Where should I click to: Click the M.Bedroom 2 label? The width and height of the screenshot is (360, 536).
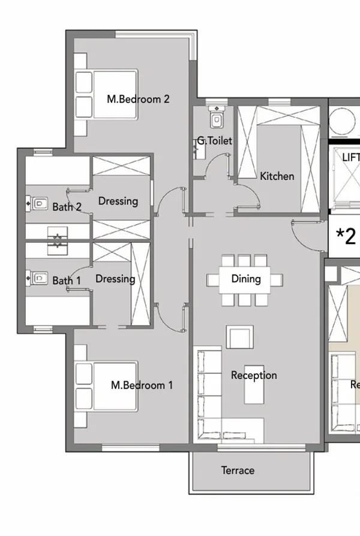[x=138, y=99]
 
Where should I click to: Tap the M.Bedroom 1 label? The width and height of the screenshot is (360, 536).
[x=142, y=385]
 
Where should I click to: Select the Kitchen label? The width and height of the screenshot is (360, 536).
[x=277, y=176]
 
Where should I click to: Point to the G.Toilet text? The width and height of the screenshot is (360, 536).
[x=214, y=141]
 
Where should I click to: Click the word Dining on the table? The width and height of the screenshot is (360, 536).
[x=246, y=279]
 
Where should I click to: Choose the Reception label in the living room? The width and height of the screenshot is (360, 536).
[x=254, y=375]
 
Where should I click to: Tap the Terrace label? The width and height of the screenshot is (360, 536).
[x=238, y=471]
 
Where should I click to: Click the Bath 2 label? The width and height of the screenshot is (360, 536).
[x=67, y=207]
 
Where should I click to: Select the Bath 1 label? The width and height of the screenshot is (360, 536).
[x=67, y=281]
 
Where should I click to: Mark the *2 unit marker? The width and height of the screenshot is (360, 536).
[x=346, y=236]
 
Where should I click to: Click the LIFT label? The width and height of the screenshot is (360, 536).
[x=350, y=157]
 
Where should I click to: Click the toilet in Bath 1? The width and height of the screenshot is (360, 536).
[x=38, y=277]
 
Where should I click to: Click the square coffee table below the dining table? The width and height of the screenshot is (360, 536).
[x=238, y=338]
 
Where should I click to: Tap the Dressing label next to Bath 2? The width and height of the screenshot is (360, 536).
[x=118, y=201]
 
